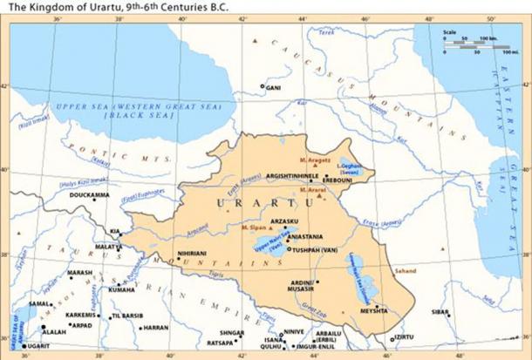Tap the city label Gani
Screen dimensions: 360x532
pos(273,87)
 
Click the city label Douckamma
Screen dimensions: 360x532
pos(88,195)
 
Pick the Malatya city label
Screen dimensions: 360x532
pos(109,247)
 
